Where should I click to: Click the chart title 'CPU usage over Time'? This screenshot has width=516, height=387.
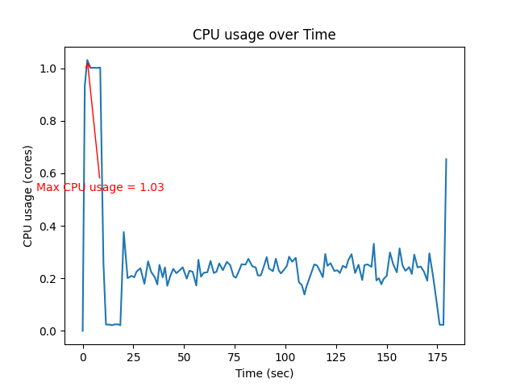(264, 35)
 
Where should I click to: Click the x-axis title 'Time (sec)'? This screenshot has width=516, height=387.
(264, 373)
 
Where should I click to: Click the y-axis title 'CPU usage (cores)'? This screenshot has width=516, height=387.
(28, 196)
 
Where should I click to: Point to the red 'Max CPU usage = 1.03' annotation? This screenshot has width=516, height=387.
(100, 187)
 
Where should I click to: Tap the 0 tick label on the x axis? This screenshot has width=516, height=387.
(83, 356)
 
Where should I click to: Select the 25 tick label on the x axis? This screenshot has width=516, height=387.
(133, 356)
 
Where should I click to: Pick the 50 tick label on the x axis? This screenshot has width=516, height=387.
(184, 356)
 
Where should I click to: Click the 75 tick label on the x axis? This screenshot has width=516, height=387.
(235, 356)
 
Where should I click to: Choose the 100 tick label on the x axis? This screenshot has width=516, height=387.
(285, 356)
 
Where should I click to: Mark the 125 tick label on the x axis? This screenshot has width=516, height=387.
(336, 356)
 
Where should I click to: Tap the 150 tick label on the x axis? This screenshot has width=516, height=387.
(387, 356)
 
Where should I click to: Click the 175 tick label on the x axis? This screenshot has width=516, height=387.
(438, 356)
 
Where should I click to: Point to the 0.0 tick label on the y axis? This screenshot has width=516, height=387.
(48, 331)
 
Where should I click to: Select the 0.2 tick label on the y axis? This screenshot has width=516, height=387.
(48, 279)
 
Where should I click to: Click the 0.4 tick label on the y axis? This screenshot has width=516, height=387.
(48, 227)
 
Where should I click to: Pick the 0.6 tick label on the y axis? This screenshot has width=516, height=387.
(48, 174)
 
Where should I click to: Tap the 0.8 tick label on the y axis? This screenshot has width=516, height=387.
(48, 122)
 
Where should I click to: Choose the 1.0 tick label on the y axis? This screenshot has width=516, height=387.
(48, 69)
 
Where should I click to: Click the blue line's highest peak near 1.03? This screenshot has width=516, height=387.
(87, 60)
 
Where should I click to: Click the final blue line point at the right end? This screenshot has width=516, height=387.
(446, 160)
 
